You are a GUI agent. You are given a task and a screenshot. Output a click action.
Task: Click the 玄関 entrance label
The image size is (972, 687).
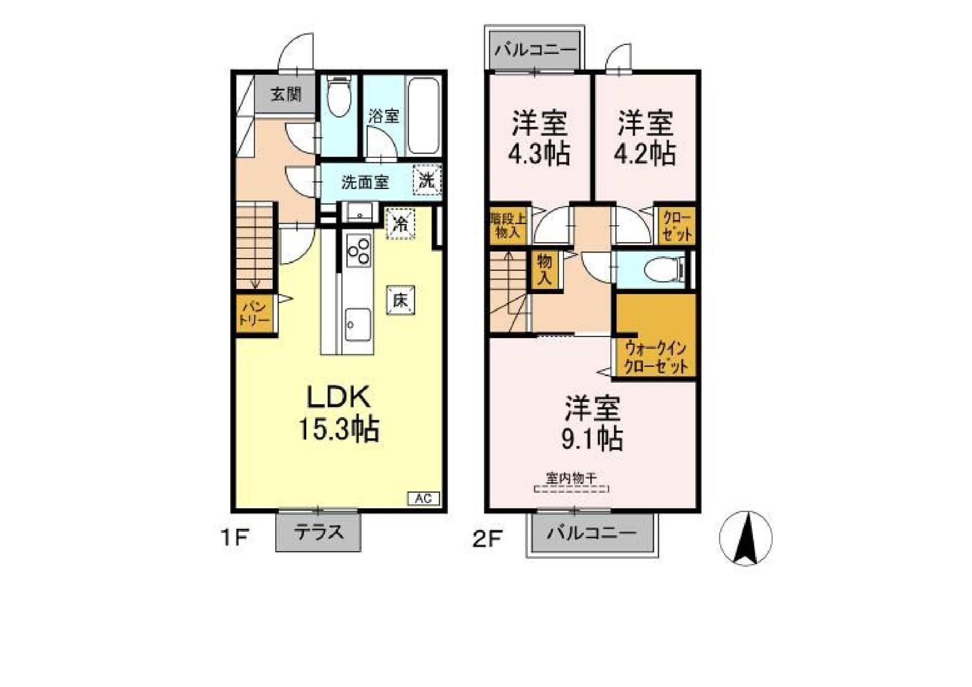(x=286, y=94)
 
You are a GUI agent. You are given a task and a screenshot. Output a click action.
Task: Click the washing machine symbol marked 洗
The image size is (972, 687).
(x=427, y=180)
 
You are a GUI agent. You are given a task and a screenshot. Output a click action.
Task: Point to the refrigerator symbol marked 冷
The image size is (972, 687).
(x=400, y=223)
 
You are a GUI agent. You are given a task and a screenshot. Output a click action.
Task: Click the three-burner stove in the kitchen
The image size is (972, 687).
(x=358, y=251)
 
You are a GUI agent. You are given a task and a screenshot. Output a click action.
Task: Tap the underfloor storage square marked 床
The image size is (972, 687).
(x=400, y=300)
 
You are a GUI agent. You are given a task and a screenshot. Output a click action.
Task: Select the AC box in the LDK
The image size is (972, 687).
(x=424, y=498)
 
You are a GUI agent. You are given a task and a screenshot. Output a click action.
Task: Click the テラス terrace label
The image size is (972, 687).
(x=318, y=533)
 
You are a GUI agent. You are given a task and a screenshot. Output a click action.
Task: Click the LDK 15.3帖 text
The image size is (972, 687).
(x=339, y=414)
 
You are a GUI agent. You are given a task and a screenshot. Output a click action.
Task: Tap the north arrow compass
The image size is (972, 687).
(x=746, y=538)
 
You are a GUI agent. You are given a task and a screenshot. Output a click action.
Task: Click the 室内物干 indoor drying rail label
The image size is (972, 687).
(x=571, y=477)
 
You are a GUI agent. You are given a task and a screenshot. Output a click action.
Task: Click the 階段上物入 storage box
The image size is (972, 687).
(x=508, y=225)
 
